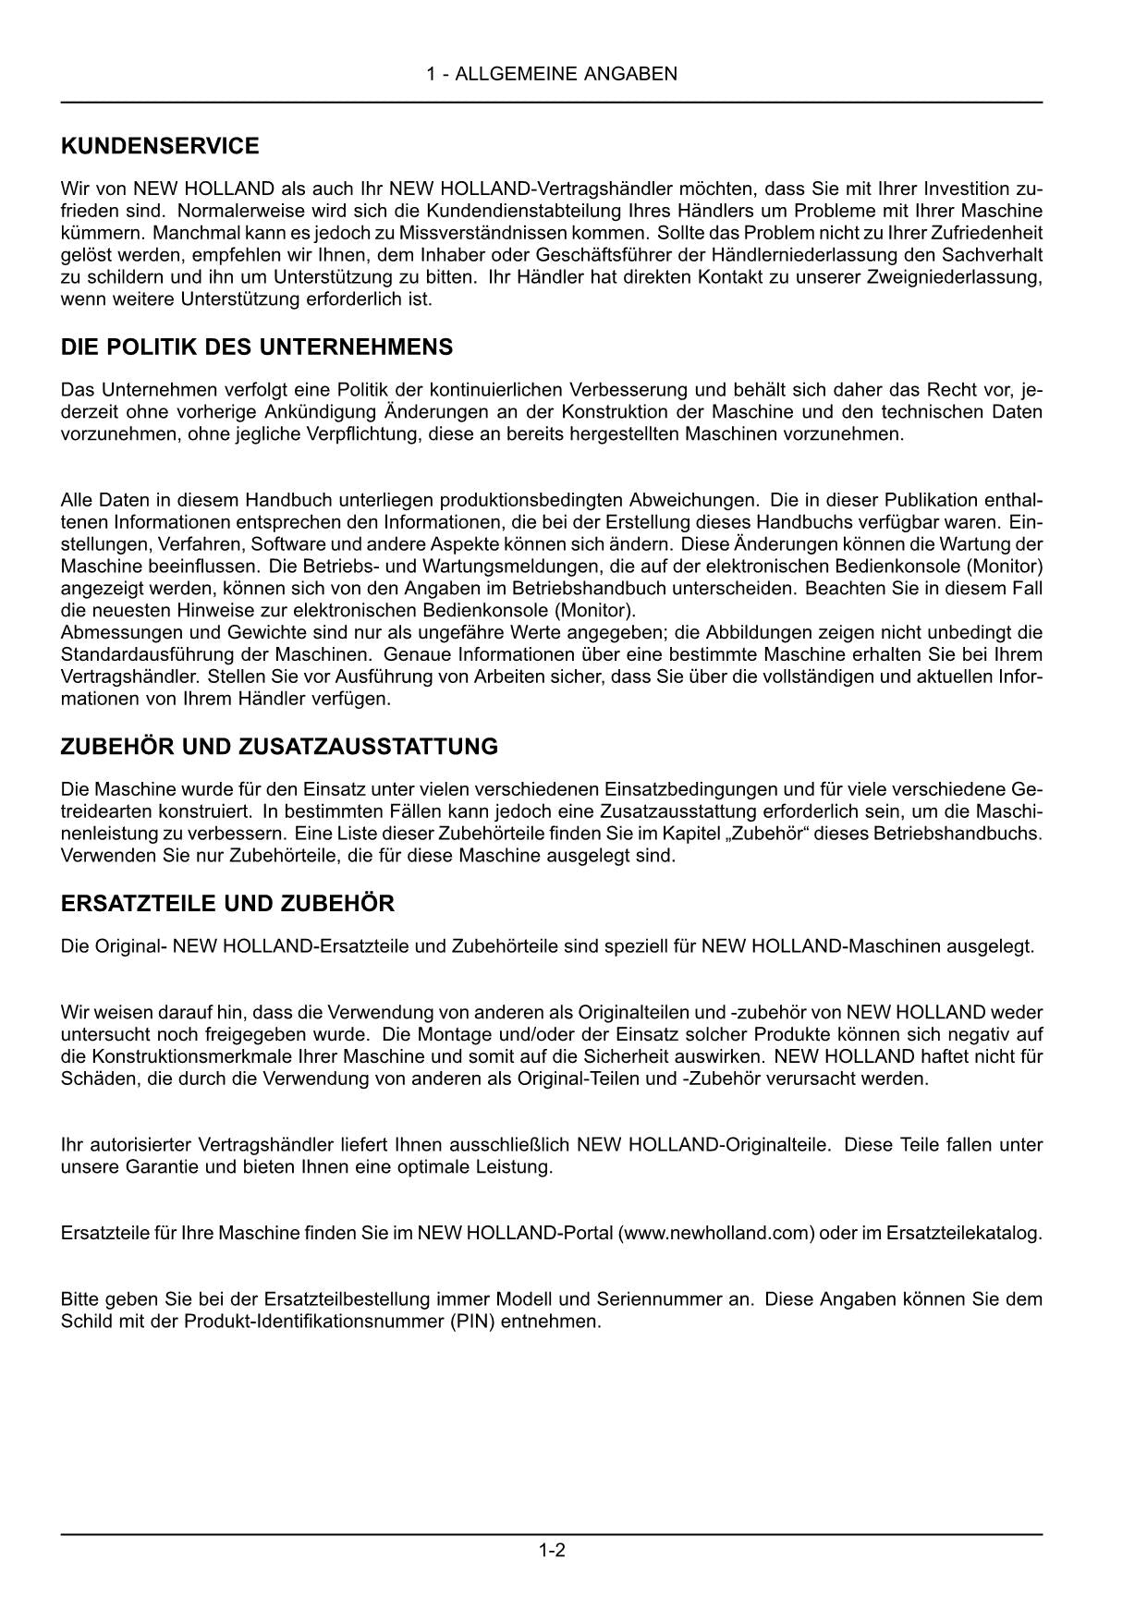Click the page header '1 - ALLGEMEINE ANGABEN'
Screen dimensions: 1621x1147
click(552, 74)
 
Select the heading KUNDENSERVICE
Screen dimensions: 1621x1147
click(160, 146)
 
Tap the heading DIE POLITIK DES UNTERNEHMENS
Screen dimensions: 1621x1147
click(257, 347)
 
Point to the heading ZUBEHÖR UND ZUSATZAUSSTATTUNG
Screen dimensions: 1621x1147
click(279, 747)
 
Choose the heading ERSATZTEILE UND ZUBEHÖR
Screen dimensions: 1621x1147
click(227, 904)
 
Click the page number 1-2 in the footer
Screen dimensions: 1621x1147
click(552, 1551)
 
